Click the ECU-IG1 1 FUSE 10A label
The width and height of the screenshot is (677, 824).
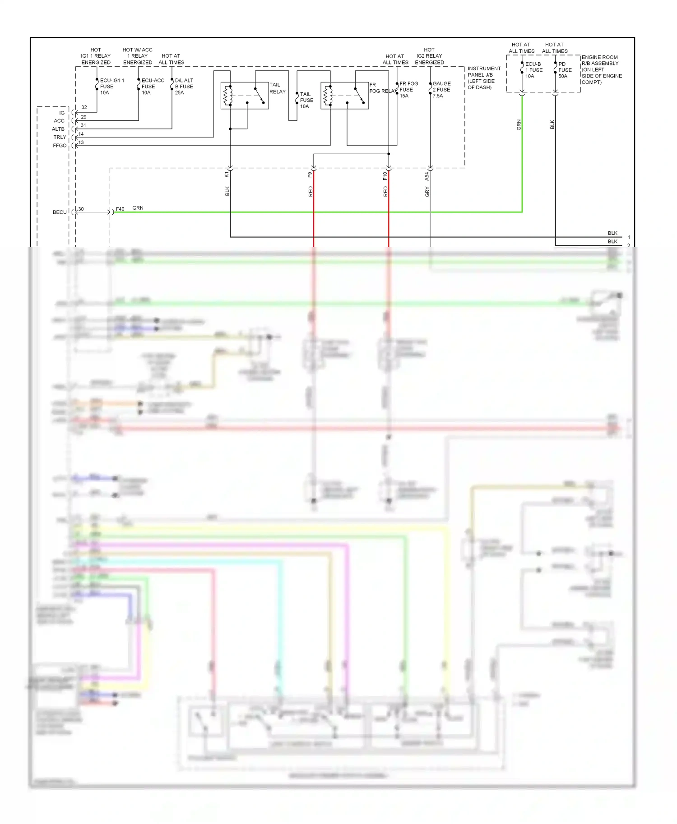pyautogui.click(x=111, y=87)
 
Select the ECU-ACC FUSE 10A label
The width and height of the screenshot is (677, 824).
pyautogui.click(x=153, y=87)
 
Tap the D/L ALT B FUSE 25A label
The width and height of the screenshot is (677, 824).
pyautogui.click(x=184, y=87)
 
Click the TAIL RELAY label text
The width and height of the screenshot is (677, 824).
pyautogui.click(x=277, y=88)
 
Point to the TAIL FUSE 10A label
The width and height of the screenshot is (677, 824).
pyautogui.click(x=306, y=100)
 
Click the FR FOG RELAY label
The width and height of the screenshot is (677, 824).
pyautogui.click(x=382, y=88)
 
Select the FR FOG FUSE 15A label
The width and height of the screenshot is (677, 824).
pyautogui.click(x=408, y=89)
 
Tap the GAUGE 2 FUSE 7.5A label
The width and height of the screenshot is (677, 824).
pyautogui.click(x=441, y=89)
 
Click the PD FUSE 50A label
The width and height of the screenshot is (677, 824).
pyautogui.click(x=565, y=70)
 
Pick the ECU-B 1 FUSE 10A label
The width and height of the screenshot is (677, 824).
pyautogui.click(x=533, y=70)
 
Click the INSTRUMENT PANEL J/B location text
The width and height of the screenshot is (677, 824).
pyautogui.click(x=483, y=78)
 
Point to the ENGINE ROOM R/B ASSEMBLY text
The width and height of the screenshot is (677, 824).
pyautogui.click(x=601, y=69)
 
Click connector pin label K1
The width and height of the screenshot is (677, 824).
pyautogui.click(x=227, y=174)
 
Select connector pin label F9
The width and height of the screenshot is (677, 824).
pyautogui.click(x=310, y=175)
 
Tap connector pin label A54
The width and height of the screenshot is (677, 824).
pyautogui.click(x=427, y=176)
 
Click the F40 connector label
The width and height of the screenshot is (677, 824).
pyautogui.click(x=120, y=209)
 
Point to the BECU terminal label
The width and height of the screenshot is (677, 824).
pyautogui.click(x=60, y=212)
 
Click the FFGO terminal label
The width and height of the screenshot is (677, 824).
pyautogui.click(x=60, y=146)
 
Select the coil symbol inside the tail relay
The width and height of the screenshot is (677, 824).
pyautogui.click(x=227, y=96)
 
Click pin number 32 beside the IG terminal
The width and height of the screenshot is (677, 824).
pyautogui.click(x=84, y=107)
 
